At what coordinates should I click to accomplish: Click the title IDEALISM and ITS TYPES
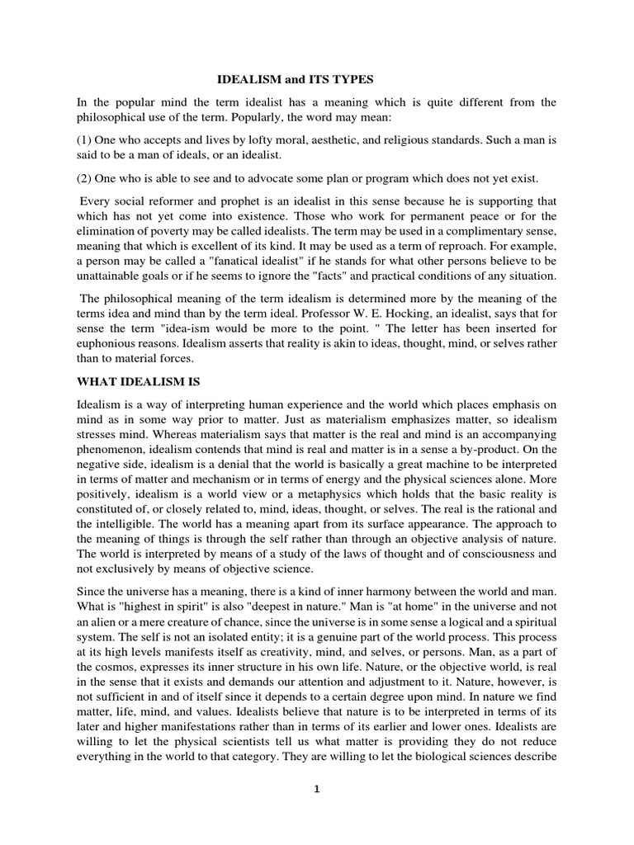295,80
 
